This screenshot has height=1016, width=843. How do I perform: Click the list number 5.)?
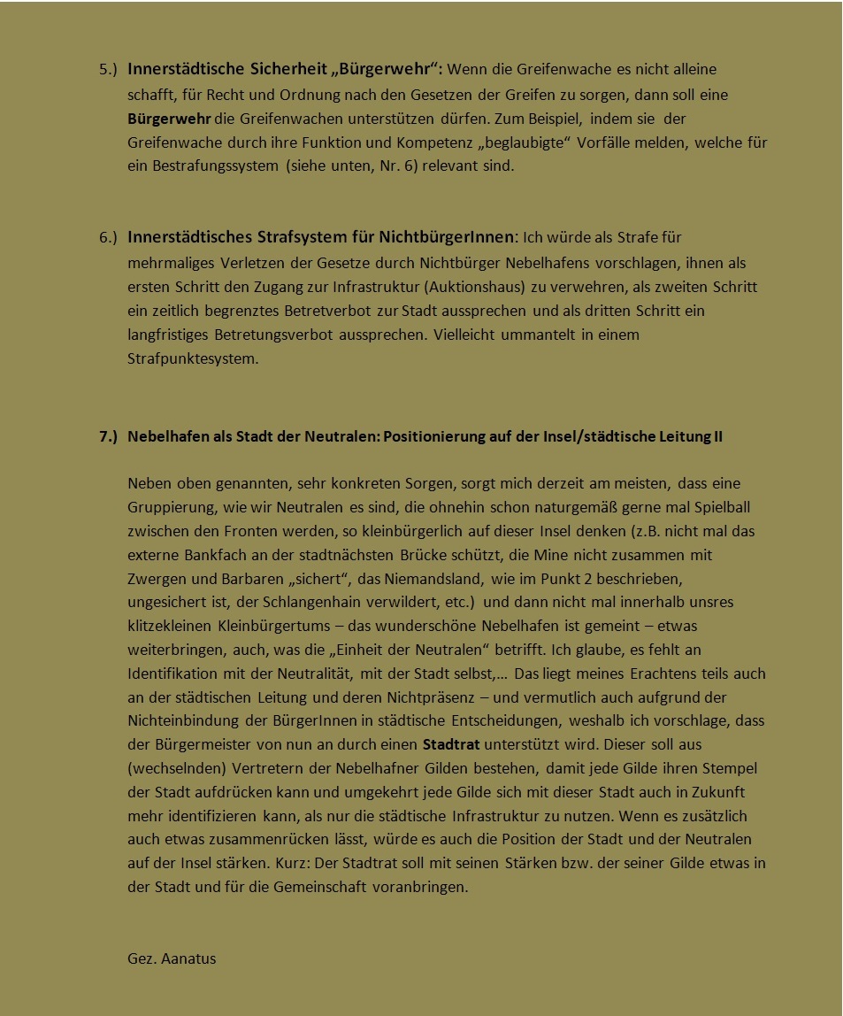(x=108, y=69)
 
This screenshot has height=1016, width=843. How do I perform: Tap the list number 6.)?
(x=108, y=238)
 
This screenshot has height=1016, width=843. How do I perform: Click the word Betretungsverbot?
(x=272, y=335)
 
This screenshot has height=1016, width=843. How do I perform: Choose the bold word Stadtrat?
(x=451, y=744)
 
